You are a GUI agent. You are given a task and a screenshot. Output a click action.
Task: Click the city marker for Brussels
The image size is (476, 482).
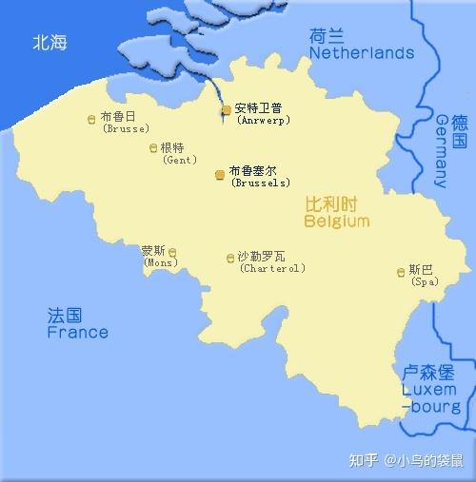pyautogui.click(x=220, y=175)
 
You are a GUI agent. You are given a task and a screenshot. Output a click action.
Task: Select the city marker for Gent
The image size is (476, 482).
pyautogui.click(x=153, y=147)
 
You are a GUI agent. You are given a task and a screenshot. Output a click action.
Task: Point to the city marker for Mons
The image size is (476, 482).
pyautogui.click(x=172, y=252)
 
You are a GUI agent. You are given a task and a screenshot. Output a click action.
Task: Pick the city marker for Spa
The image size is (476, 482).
pyautogui.click(x=400, y=273)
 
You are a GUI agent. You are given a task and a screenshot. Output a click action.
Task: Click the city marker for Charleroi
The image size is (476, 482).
pyautogui.click(x=229, y=259)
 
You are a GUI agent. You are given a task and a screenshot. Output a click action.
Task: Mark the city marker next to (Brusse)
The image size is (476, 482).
pyautogui.click(x=90, y=119)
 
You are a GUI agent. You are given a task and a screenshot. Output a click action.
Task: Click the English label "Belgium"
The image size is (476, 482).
pyautogui.click(x=336, y=222)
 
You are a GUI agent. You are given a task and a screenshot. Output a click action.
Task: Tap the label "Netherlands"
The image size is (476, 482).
pyautogui.click(x=361, y=53)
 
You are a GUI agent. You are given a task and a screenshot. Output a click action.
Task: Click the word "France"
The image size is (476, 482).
pyautogui.click(x=77, y=333)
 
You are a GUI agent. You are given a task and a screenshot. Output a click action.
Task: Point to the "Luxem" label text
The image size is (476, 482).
pyautogui.click(x=428, y=390)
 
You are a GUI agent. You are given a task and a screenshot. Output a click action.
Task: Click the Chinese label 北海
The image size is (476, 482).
pyautogui.click(x=50, y=43)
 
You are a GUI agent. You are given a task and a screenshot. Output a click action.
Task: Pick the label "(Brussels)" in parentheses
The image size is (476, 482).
pyautogui.click(x=261, y=183)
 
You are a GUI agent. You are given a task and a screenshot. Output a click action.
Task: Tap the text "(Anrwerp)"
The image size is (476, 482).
pyautogui.click(x=263, y=121)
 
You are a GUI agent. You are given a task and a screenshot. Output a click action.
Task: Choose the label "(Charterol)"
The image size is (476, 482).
pyautogui.click(x=272, y=268)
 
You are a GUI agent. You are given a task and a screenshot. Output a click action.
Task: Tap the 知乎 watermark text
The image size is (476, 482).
pyautogui.click(x=364, y=461)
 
